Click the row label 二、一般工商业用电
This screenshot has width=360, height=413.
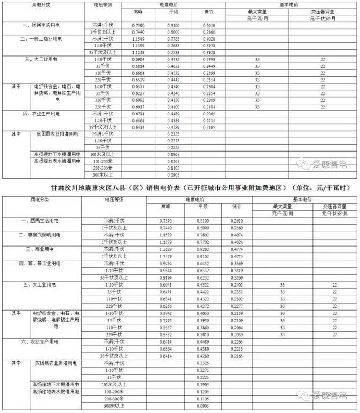coord(41,40)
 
